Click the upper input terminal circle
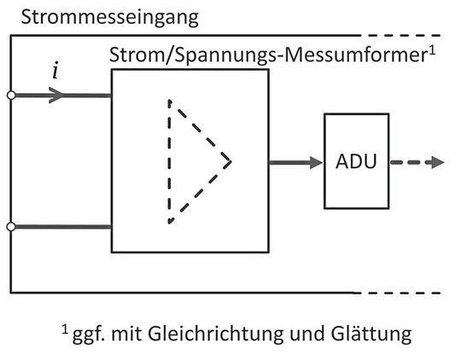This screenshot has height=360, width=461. [x=11, y=95]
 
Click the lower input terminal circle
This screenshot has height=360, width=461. [x=11, y=226]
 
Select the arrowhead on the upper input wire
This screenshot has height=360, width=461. [x=57, y=95]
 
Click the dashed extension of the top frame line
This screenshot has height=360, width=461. [x=410, y=37]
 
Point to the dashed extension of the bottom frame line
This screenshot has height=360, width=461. [x=410, y=291]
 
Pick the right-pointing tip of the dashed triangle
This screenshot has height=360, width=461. [x=230, y=160]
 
